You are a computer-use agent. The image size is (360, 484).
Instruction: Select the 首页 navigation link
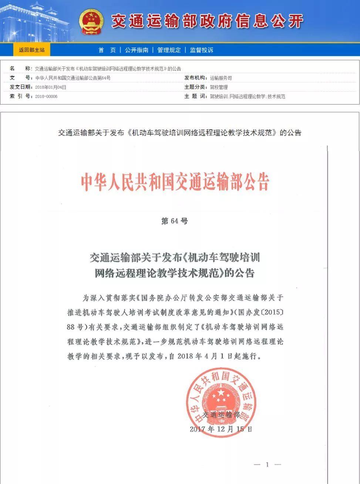pyautogui.click(x=107, y=50)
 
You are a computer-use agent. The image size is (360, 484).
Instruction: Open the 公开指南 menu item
pyautogui.click(x=137, y=50)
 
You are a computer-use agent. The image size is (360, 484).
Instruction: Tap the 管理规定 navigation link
pyautogui.click(x=169, y=50)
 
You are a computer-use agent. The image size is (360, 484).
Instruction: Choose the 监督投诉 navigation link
pyautogui.click(x=202, y=50)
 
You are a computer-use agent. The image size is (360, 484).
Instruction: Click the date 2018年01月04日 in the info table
pyautogui.click(x=51, y=87)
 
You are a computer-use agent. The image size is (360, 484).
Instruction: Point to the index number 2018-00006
pyautogui.click(x=46, y=97)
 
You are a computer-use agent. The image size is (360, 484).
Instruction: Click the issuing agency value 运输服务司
pyautogui.click(x=221, y=78)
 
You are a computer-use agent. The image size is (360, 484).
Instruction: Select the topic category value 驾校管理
pyautogui.click(x=219, y=87)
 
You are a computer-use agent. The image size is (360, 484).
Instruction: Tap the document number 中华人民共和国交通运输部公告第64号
pyautogui.click(x=73, y=78)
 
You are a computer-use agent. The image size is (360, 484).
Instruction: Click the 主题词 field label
pyautogui.click(x=196, y=97)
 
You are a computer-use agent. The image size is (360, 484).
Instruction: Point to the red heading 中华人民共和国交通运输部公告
pyautogui.click(x=175, y=182)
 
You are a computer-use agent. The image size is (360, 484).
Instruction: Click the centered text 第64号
pyautogui.click(x=175, y=221)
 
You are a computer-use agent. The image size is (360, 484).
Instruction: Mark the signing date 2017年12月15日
pyautogui.click(x=221, y=429)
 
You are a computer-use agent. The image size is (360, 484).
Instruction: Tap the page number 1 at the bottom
pyautogui.click(x=267, y=464)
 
